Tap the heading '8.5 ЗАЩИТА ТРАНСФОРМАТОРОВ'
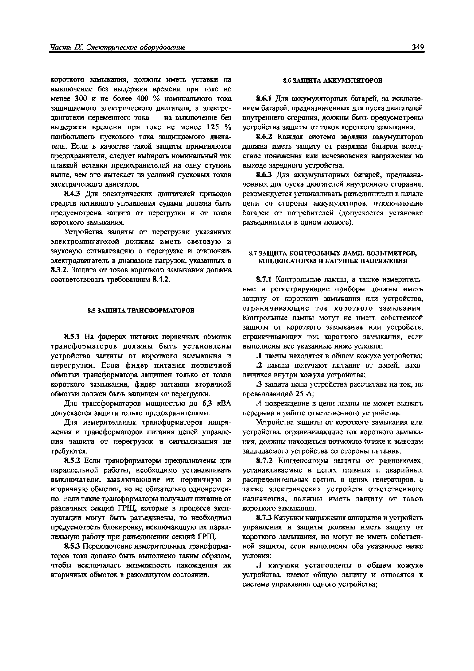(x=141, y=310)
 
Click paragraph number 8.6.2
(x=264, y=137)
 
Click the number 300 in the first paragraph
(x=82, y=99)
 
